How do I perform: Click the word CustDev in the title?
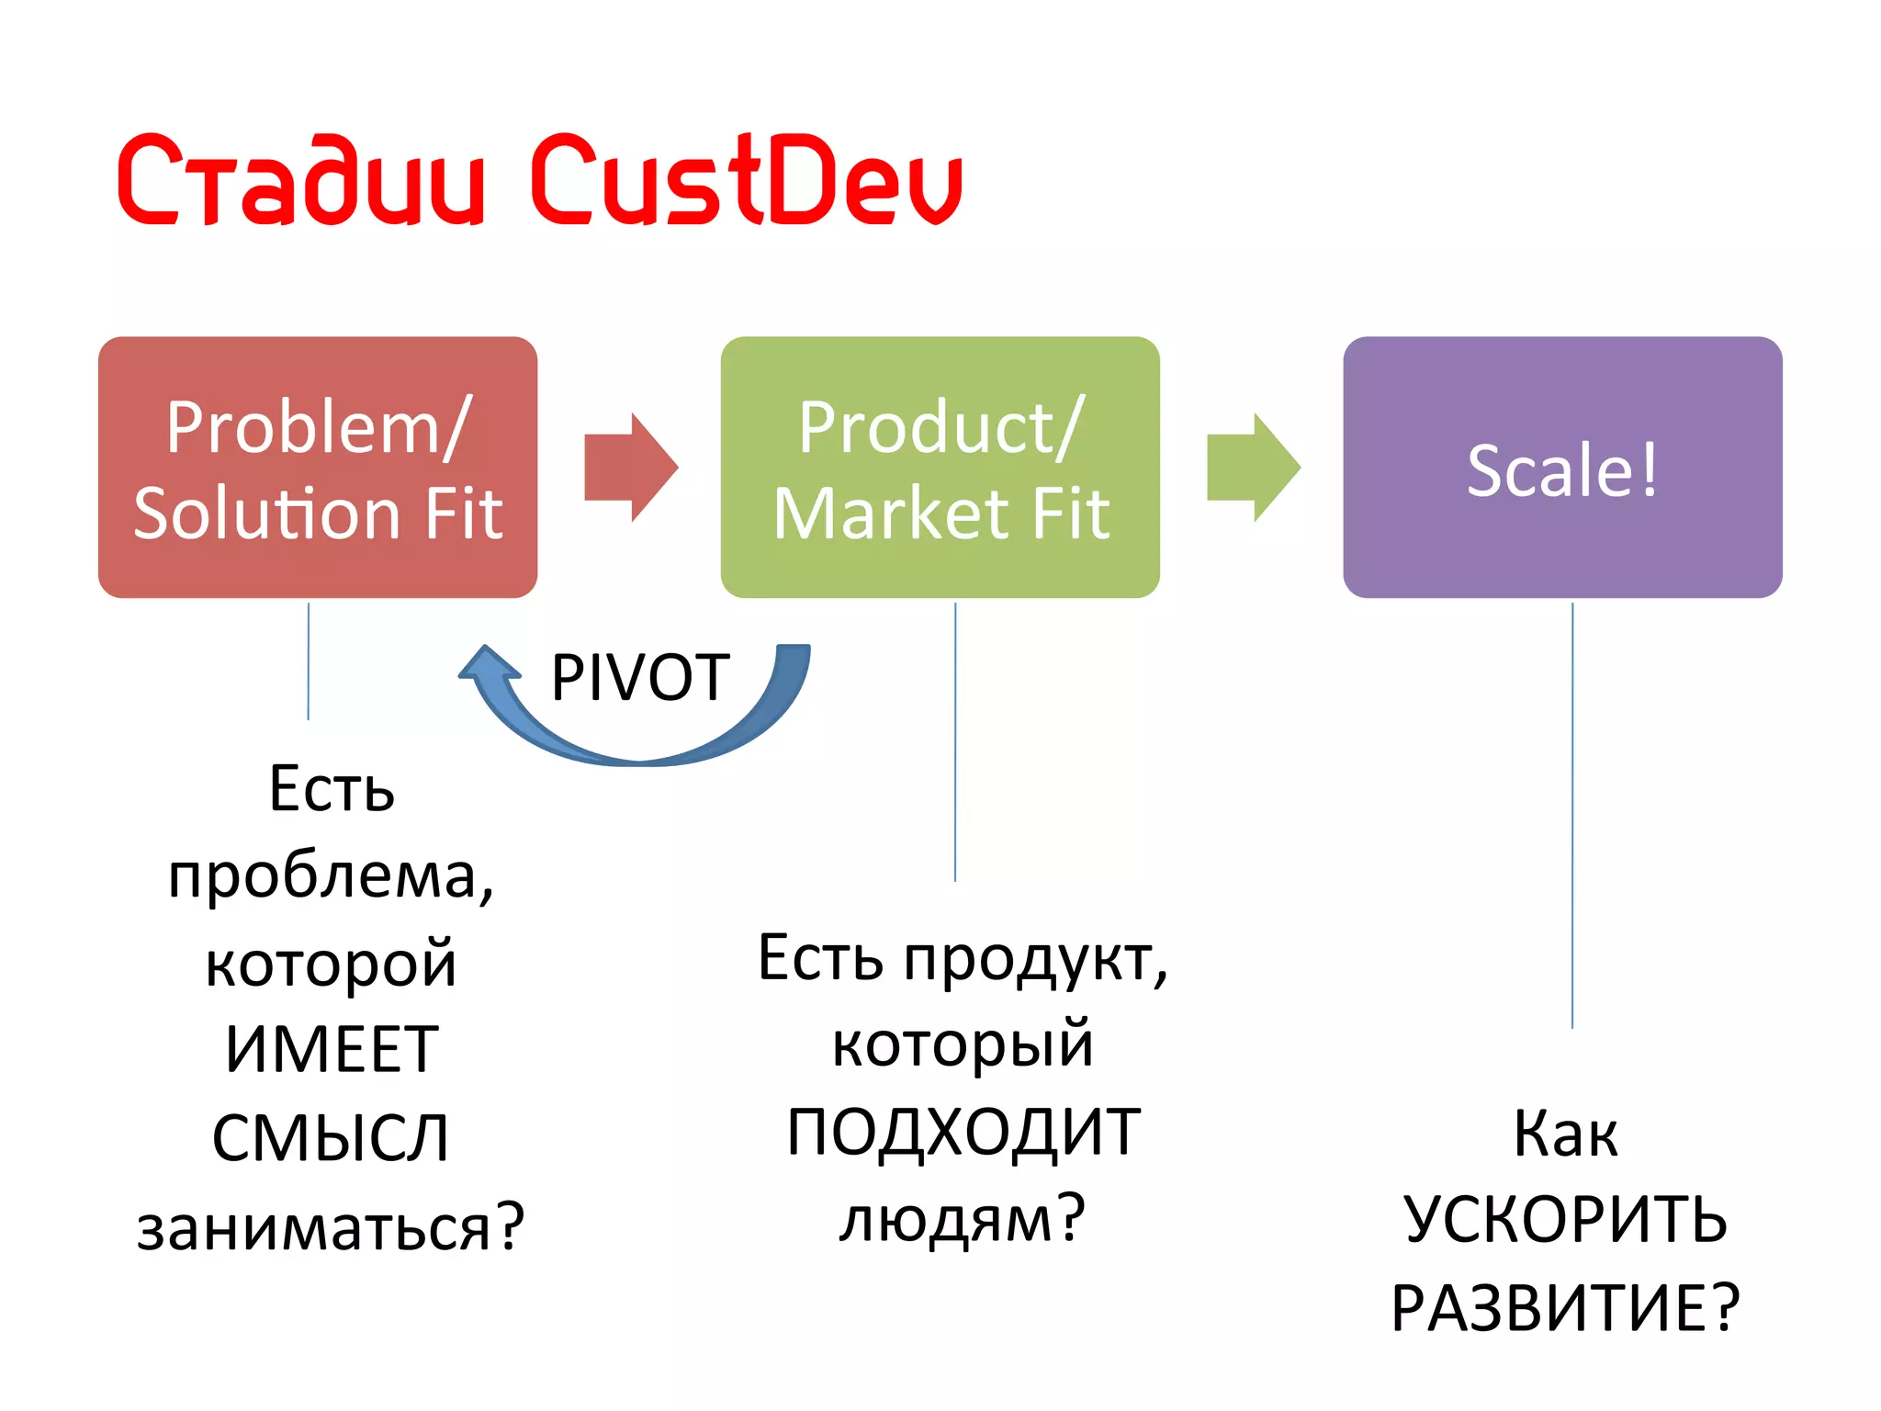tap(746, 179)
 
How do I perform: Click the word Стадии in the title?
tap(300, 179)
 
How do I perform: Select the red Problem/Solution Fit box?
tap(318, 467)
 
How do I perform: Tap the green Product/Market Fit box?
tap(940, 467)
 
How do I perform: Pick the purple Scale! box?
tap(1562, 467)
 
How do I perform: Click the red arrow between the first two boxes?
tap(630, 467)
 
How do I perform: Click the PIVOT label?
tap(640, 678)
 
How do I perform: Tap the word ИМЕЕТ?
tap(332, 1050)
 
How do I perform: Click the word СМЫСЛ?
tap(331, 1138)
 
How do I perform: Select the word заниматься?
tap(331, 1227)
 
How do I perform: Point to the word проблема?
tap(331, 875)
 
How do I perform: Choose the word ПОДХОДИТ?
tap(963, 1132)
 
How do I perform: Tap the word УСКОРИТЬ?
tap(1566, 1220)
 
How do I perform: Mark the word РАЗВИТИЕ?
tap(1566, 1307)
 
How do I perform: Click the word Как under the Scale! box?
tap(1566, 1134)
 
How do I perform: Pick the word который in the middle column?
tap(963, 1044)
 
